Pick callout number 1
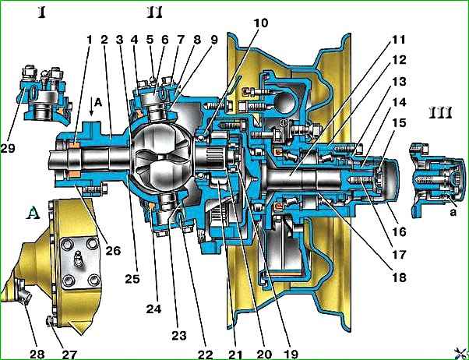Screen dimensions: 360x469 click(x=89, y=38)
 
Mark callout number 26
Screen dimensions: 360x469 click(x=113, y=250)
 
